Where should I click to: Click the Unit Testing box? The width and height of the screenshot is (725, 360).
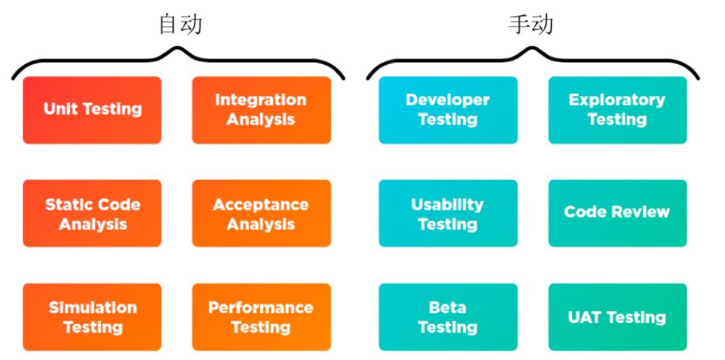pyautogui.click(x=92, y=109)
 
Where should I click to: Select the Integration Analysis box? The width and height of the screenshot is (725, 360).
pyautogui.click(x=261, y=109)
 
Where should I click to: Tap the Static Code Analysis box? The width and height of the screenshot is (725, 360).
pyautogui.click(x=92, y=214)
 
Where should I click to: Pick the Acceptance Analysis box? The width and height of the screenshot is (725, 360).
pyautogui.click(x=261, y=214)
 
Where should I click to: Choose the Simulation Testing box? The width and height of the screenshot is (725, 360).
pyautogui.click(x=92, y=317)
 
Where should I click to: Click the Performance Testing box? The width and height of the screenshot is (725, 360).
pyautogui.click(x=261, y=317)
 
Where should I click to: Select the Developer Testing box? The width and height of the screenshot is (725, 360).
pyautogui.click(x=448, y=109)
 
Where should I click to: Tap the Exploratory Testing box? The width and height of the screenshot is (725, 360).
pyautogui.click(x=617, y=109)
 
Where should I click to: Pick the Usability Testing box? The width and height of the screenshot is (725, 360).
pyautogui.click(x=448, y=214)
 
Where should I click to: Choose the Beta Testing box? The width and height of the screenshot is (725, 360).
pyautogui.click(x=448, y=317)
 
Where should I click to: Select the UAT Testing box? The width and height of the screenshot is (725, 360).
pyautogui.click(x=617, y=317)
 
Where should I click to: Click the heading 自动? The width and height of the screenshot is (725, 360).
pyautogui.click(x=180, y=25)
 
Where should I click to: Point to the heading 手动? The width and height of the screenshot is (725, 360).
pyautogui.click(x=531, y=25)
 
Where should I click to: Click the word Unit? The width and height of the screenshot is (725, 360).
pyautogui.click(x=59, y=109)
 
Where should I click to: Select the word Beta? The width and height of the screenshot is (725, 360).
pyautogui.click(x=448, y=308)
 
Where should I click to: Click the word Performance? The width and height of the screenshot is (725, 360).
pyautogui.click(x=261, y=308)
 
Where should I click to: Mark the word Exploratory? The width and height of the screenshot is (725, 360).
pyautogui.click(x=616, y=100)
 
